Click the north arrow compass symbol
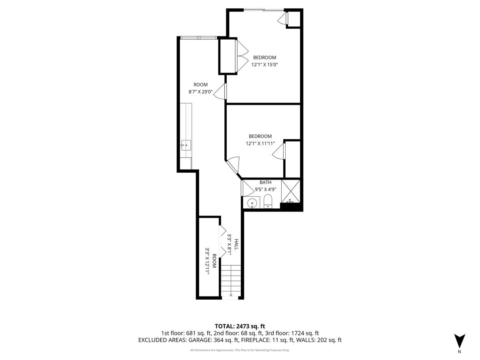[x=459, y=341]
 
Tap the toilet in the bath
[x=268, y=202]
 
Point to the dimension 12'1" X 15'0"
[x=264, y=64]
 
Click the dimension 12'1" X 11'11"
[x=260, y=143]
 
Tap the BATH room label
[x=265, y=182]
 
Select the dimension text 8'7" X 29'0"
[x=200, y=92]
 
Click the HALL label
[x=236, y=245]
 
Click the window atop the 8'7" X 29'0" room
[x=198, y=38]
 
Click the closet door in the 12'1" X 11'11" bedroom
[x=280, y=152]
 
